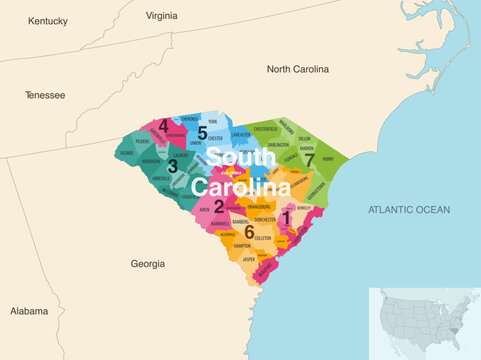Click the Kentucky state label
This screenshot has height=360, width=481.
[47, 20]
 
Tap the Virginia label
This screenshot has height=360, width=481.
[161, 16]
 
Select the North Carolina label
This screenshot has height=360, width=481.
[297, 69]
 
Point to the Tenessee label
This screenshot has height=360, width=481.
[45, 95]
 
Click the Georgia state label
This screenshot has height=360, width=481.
[148, 264]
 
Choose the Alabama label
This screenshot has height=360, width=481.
[29, 311]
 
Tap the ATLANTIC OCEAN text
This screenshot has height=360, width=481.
[409, 209]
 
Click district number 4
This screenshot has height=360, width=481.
[163, 126]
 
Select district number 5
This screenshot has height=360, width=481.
[202, 132]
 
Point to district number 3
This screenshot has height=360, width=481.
[172, 167]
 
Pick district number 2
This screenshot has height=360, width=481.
[218, 206]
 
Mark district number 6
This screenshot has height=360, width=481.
[249, 231]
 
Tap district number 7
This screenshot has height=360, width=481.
[309, 160]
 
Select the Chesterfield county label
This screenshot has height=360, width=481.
[265, 129]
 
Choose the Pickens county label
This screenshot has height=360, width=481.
[141, 142]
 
